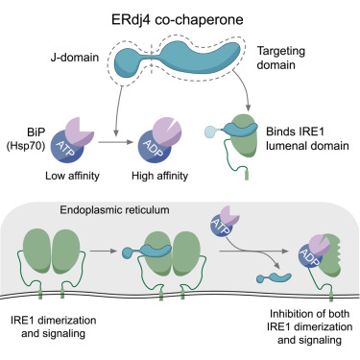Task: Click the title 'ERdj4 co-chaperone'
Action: coord(180,13)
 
